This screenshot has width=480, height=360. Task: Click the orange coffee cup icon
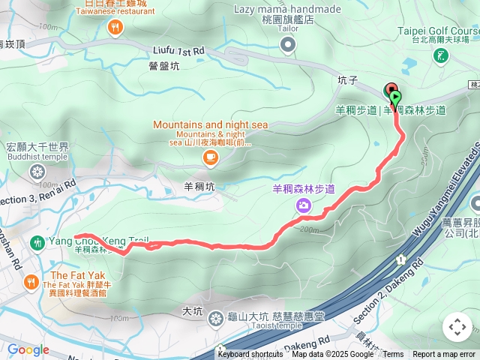click(x=210, y=156)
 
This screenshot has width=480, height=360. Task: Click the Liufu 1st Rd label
click(x=178, y=51)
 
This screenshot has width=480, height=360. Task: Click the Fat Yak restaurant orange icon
click(x=31, y=283)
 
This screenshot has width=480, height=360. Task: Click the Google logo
click(x=28, y=349)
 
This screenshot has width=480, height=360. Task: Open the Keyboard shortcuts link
click(x=250, y=355)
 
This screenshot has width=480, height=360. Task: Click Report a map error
click(x=444, y=355)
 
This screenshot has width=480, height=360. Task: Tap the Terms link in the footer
click(x=393, y=355)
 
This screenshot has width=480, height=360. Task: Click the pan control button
click(x=457, y=327)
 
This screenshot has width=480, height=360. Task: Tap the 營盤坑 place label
click(x=164, y=66)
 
